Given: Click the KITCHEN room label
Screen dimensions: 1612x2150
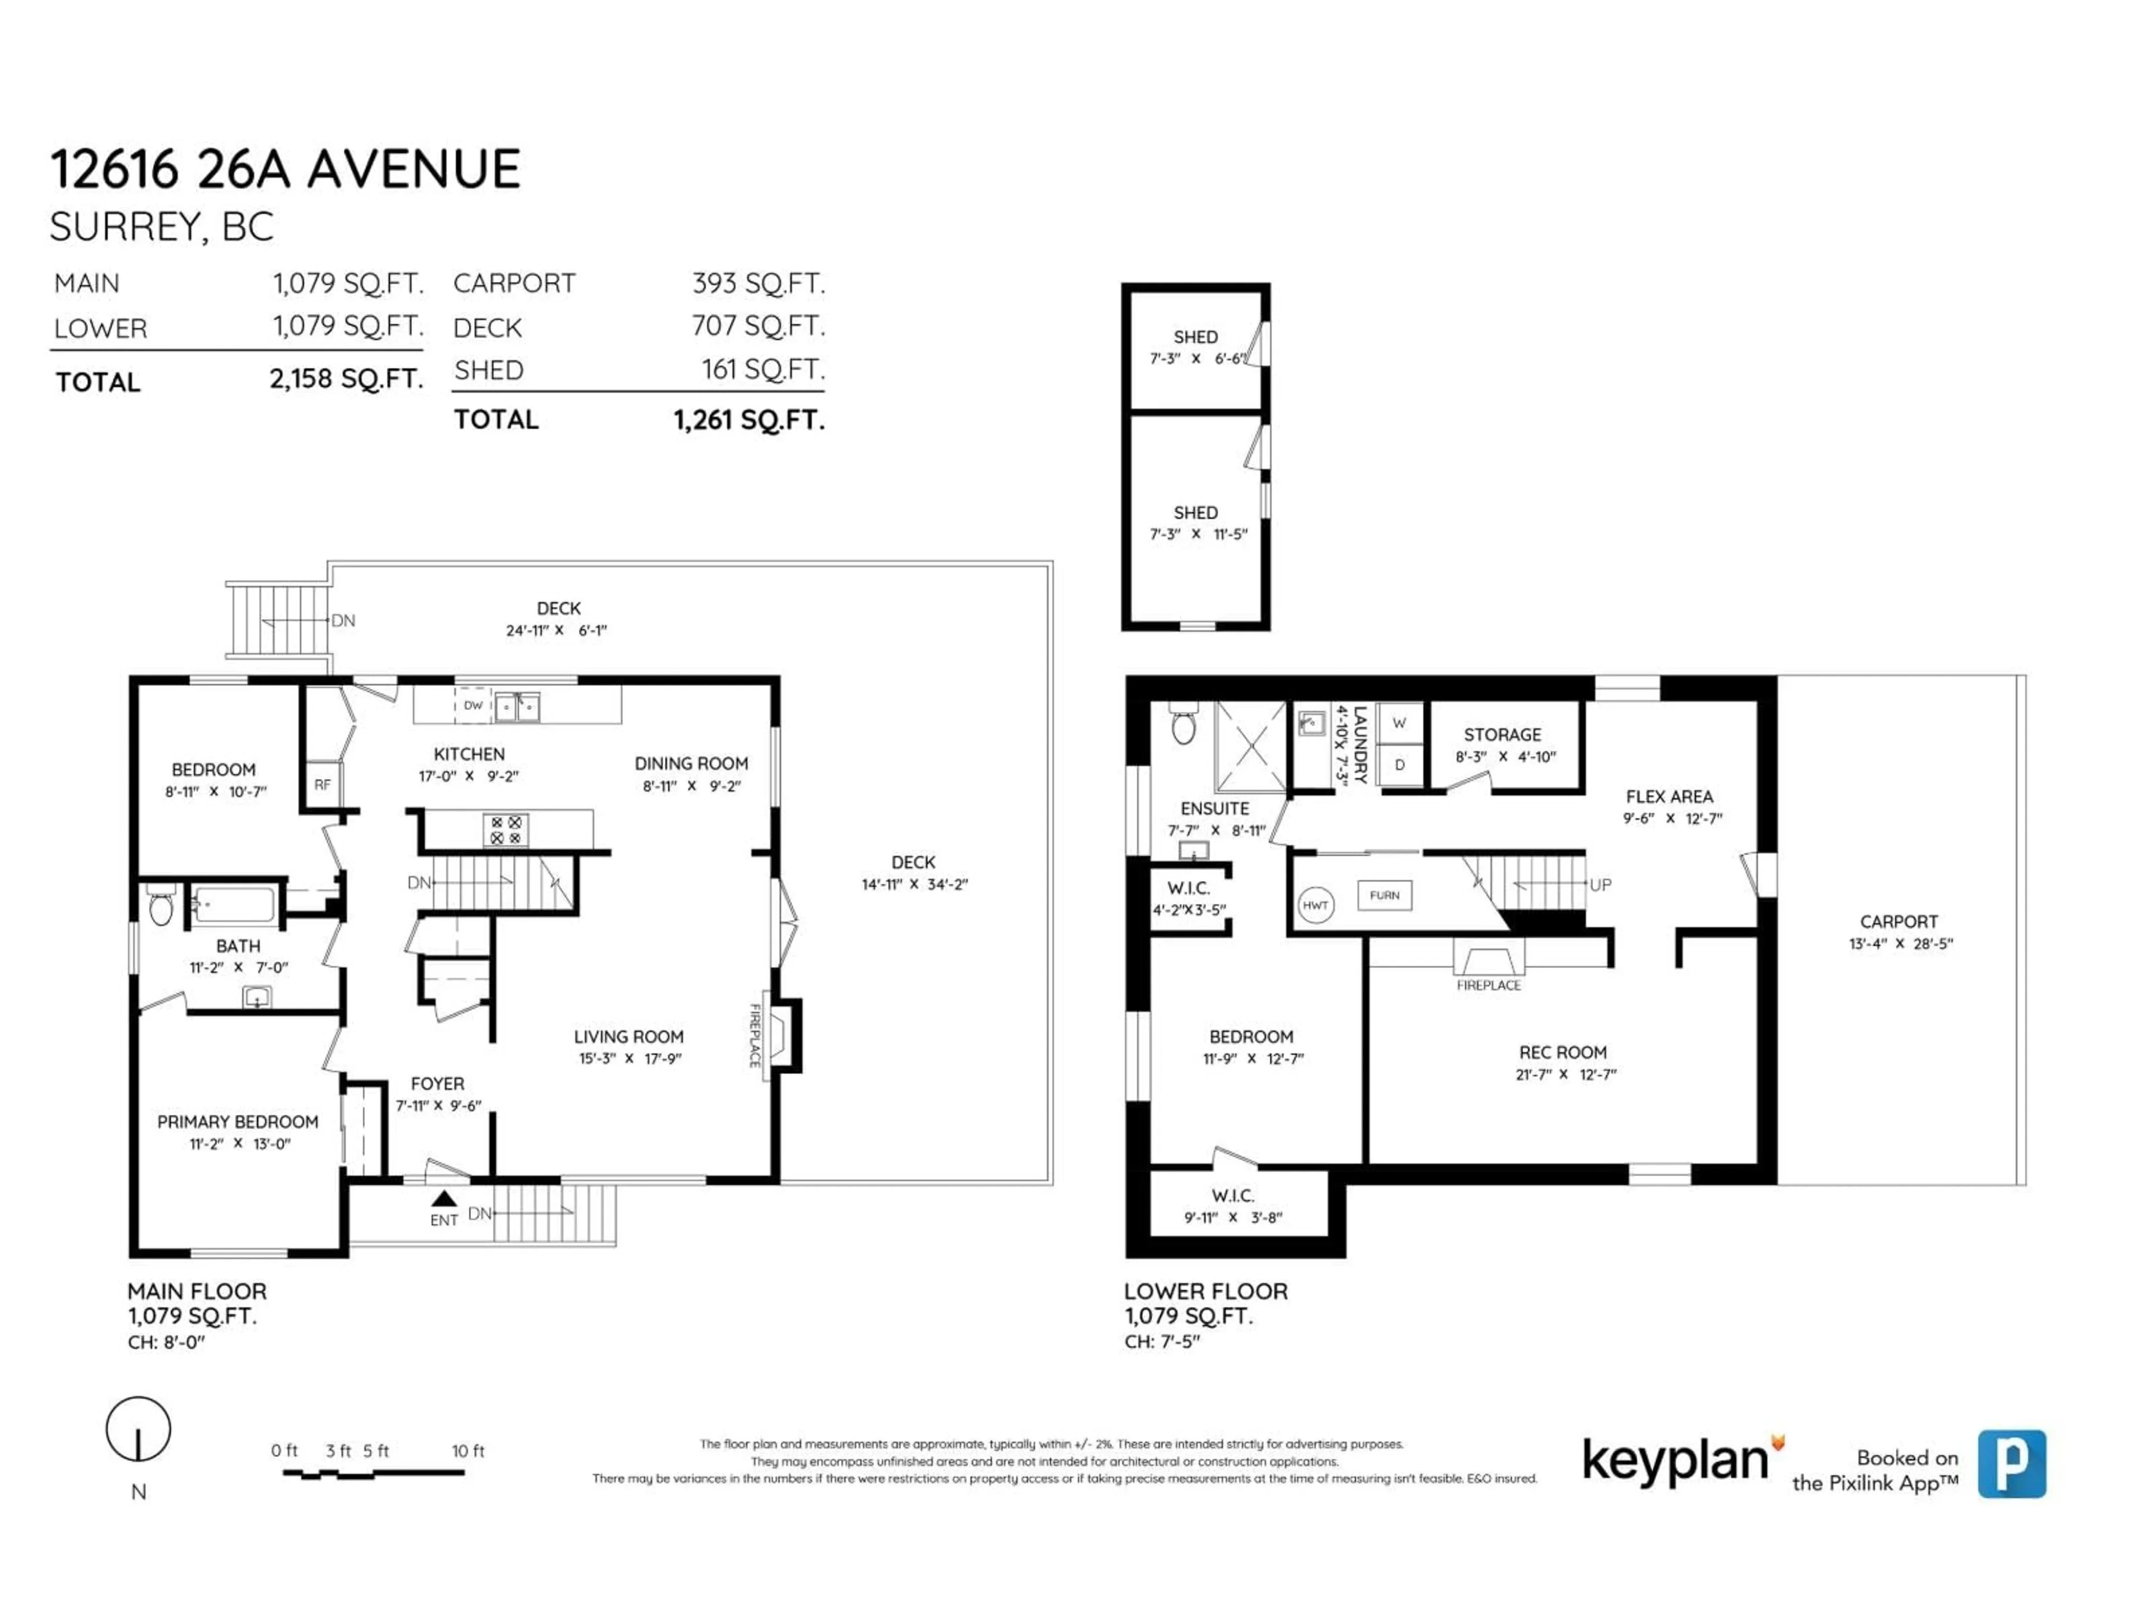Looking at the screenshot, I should coord(469,754).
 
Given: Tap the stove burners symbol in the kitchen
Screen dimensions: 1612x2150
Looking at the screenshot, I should coord(506,830).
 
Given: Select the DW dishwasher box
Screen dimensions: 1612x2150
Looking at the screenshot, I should coord(473,705).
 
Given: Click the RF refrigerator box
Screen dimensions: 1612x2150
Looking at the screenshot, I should coord(322,784).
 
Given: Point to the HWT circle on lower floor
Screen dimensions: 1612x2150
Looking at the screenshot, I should coord(1315,906).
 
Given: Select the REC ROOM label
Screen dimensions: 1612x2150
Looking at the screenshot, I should coord(1562,1052).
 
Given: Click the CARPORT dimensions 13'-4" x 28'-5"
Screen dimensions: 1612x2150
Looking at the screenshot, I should coord(1900,944).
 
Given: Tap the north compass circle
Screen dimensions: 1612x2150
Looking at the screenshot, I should coord(138,1430).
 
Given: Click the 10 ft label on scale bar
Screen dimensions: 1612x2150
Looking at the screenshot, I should coord(468,1451).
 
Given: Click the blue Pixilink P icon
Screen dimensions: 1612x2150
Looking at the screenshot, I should coord(2011,1463).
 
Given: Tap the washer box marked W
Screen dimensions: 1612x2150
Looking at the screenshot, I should coord(1400,723).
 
